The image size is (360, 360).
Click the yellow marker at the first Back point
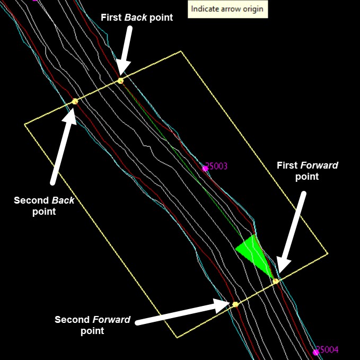(121, 81)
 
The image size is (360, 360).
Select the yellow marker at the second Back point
(75, 101)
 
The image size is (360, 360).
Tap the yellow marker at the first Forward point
(276, 280)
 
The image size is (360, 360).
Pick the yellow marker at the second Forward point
(235, 304)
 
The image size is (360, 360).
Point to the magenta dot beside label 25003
(205, 169)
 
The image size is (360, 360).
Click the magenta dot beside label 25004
(316, 352)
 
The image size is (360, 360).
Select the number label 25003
(217, 166)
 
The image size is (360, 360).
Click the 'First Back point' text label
(137, 17)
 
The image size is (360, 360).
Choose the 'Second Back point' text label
(44, 206)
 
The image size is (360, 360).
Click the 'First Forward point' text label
(307, 171)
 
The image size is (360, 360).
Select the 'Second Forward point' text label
(92, 325)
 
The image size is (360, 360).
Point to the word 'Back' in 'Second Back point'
(63, 200)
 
